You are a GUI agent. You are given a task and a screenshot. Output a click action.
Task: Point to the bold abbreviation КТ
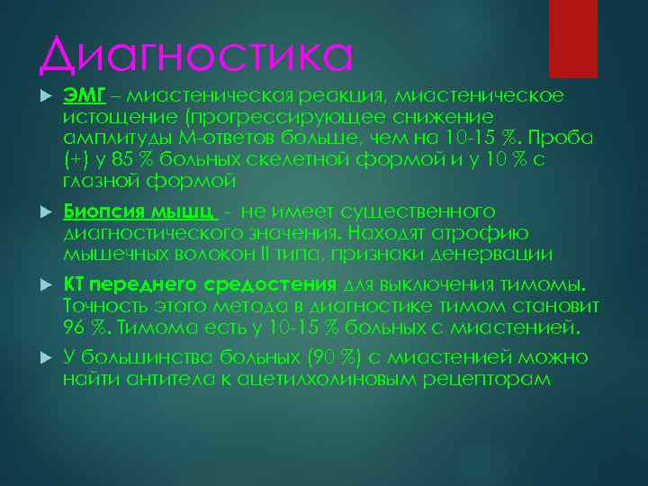[73, 285]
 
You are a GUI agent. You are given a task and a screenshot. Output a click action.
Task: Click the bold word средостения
[279, 285]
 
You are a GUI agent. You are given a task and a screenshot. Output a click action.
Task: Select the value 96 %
[81, 326]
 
